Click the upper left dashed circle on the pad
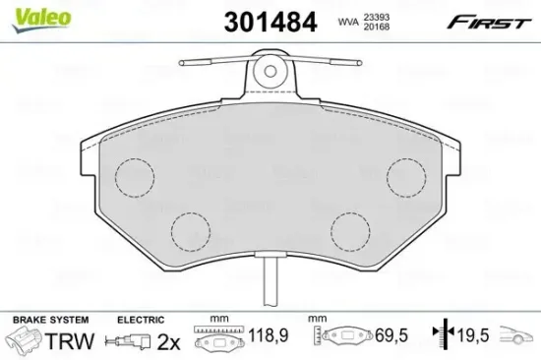pyautogui.click(x=135, y=179)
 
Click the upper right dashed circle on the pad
pyautogui.click(x=405, y=179)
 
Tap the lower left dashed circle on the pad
pyautogui.click(x=191, y=231)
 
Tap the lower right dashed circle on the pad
pyautogui.click(x=349, y=231)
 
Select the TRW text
pyautogui.click(x=79, y=341)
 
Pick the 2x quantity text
pyautogui.click(x=168, y=341)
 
